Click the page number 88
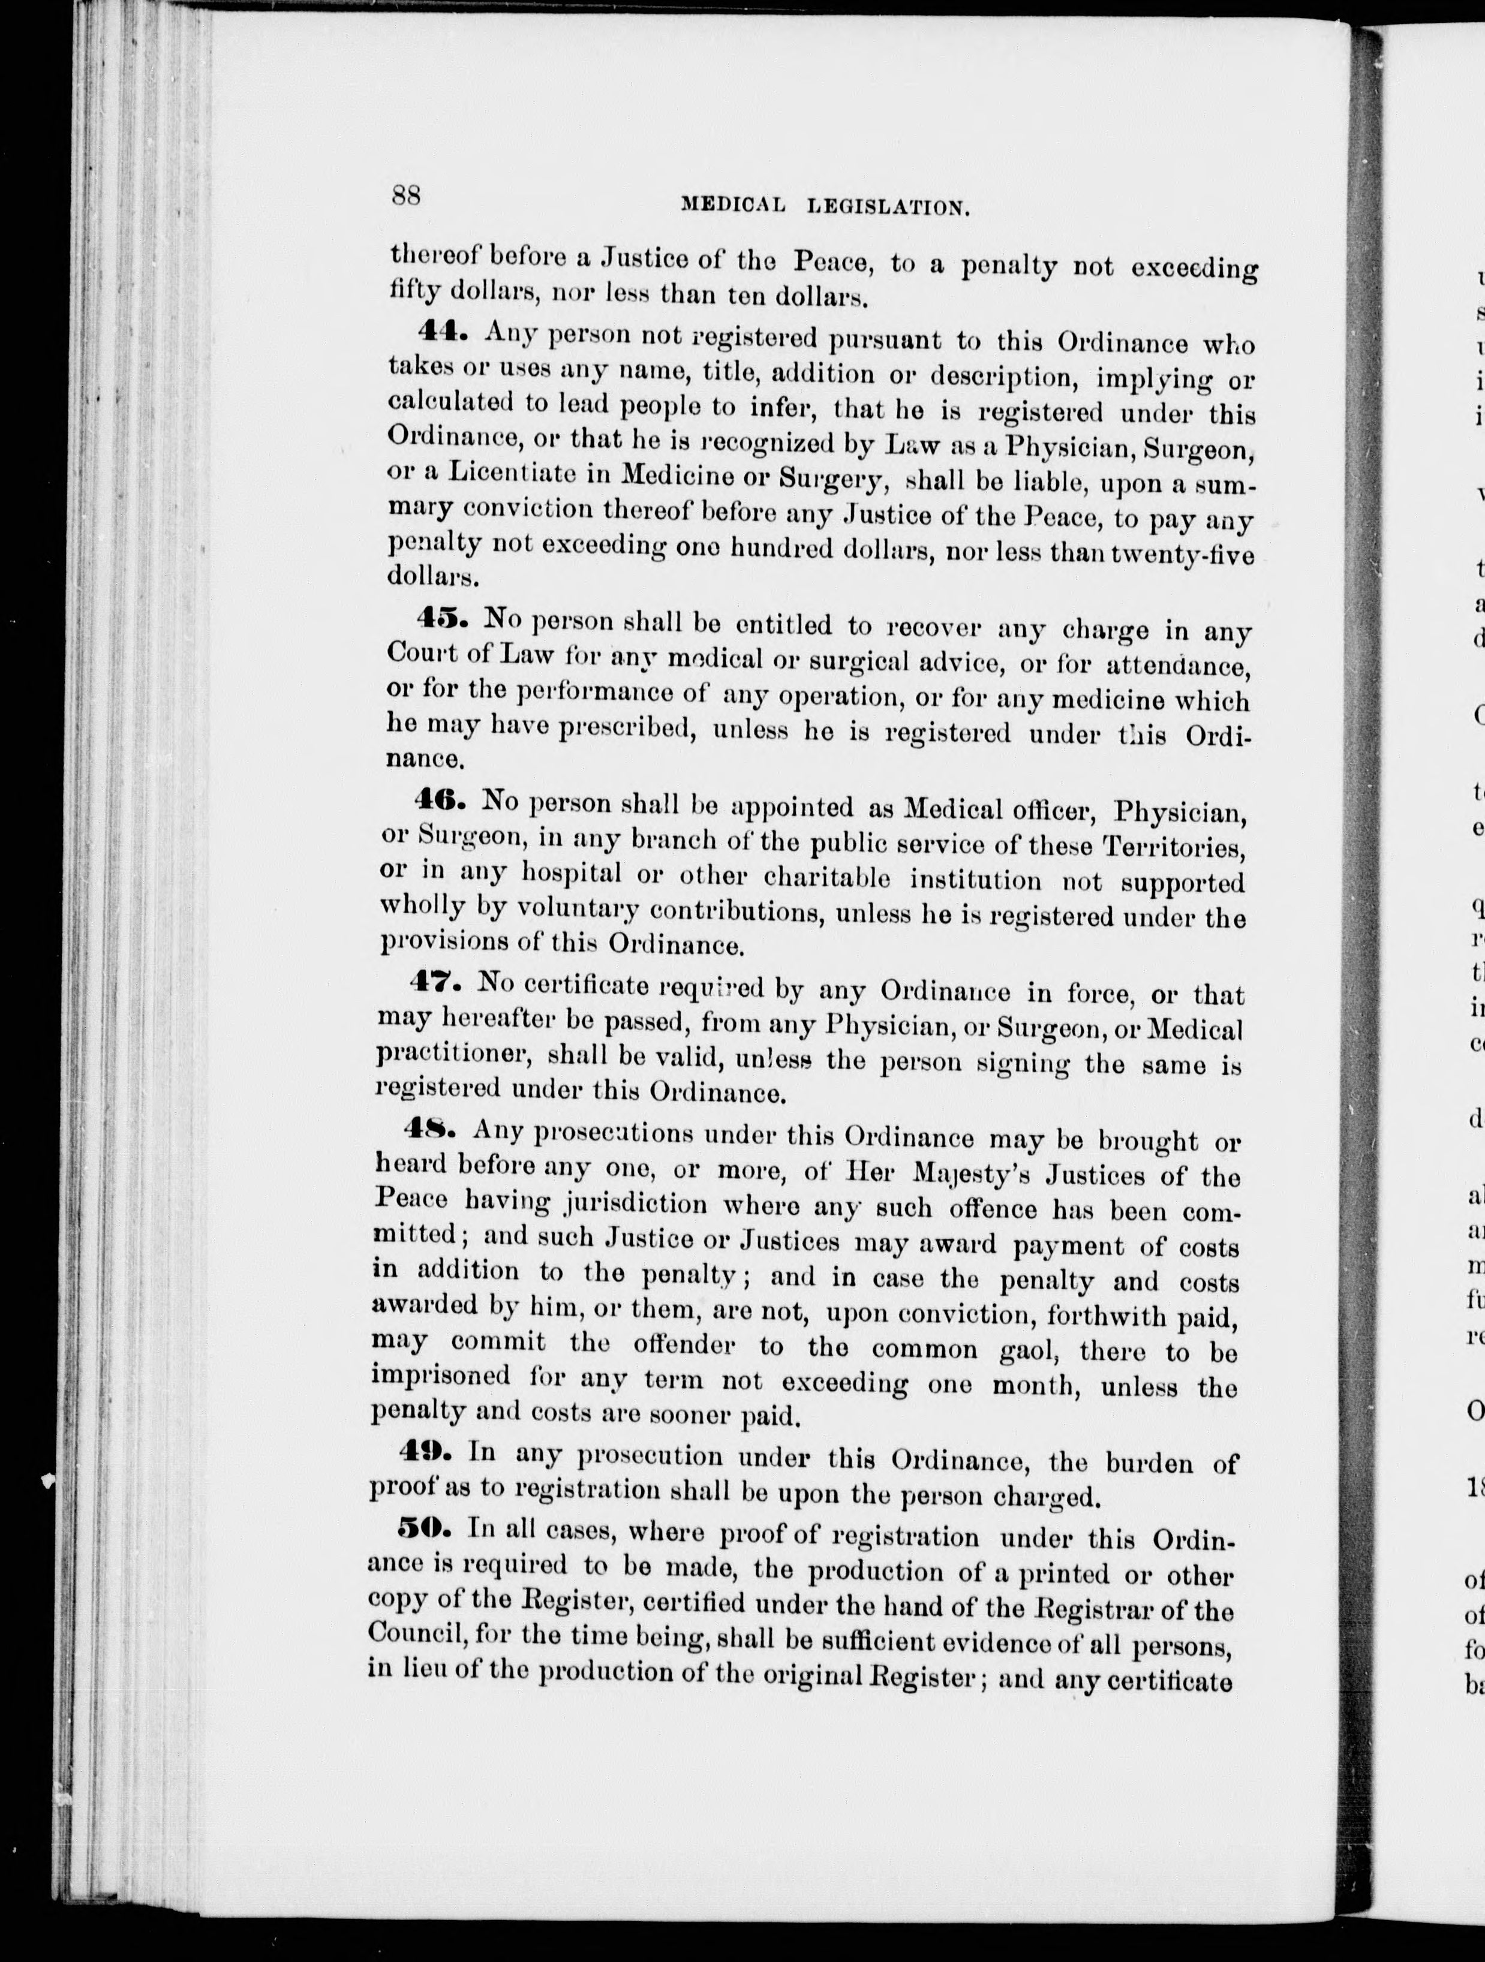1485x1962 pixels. click(x=405, y=194)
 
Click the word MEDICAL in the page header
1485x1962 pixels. click(x=733, y=206)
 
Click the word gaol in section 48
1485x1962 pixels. click(x=1027, y=1349)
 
